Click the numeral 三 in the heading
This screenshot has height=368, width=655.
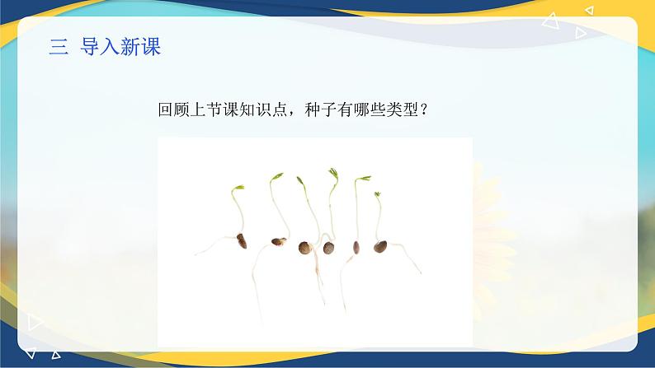click(x=59, y=46)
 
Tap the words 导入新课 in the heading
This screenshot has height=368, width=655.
click(x=120, y=46)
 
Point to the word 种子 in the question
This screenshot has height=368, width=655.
click(x=321, y=109)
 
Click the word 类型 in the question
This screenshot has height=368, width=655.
click(x=403, y=109)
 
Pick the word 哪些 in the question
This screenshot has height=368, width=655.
click(x=370, y=109)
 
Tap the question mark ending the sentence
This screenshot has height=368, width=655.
click(x=423, y=110)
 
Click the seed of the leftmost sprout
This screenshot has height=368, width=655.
click(x=242, y=241)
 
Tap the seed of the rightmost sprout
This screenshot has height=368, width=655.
click(x=380, y=247)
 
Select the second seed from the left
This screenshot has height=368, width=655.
click(x=279, y=241)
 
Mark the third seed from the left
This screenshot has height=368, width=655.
click(x=305, y=248)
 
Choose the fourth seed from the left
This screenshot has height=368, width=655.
click(x=329, y=248)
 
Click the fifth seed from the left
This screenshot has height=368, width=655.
click(x=356, y=247)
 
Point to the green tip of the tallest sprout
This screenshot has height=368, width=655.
click(x=333, y=173)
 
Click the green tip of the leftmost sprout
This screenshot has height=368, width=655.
click(x=238, y=189)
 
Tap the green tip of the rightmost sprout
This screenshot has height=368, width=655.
click(x=377, y=194)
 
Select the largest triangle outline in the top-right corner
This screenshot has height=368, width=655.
click(x=551, y=21)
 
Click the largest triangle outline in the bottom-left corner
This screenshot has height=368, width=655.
click(x=35, y=322)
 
